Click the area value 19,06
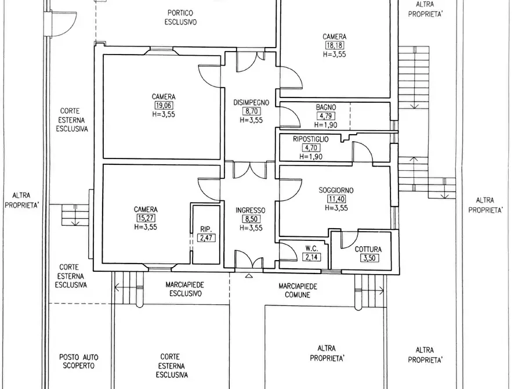click(164, 106)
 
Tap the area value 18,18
click(334, 45)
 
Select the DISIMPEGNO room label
click(251, 103)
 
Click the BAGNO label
click(326, 107)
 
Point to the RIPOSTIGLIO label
click(310, 139)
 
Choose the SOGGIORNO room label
click(336, 190)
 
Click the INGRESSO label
click(251, 210)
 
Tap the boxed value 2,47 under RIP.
click(206, 237)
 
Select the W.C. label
click(311, 248)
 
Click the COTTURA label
click(368, 250)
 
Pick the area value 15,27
click(146, 218)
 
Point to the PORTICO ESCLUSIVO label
click(180, 17)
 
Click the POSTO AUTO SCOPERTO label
click(79, 361)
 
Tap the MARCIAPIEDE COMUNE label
click(298, 290)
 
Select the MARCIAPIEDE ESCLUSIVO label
click(185, 289)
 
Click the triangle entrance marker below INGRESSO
click(249, 276)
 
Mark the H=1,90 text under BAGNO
click(326, 125)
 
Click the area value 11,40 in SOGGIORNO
click(336, 199)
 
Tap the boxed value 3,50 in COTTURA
click(370, 258)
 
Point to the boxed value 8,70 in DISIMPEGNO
click(251, 111)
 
